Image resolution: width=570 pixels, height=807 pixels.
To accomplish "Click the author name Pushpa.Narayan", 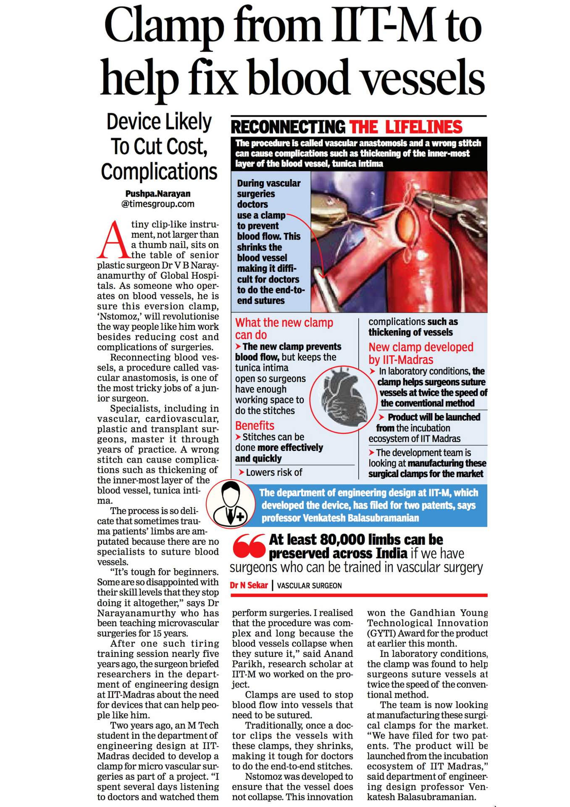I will click(x=158, y=194).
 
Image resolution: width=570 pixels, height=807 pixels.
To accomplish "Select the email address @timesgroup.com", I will click(x=158, y=204).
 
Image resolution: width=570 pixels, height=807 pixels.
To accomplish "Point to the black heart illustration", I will click(x=344, y=399).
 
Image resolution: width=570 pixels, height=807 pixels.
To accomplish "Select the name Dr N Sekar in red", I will click(x=249, y=585).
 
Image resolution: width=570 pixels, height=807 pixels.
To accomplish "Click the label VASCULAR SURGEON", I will click(x=310, y=586).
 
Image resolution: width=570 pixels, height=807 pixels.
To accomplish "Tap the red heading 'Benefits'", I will click(x=255, y=425).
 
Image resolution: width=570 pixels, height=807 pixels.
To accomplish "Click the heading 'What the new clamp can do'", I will click(x=284, y=329).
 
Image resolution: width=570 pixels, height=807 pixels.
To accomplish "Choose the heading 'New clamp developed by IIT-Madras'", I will click(x=420, y=353).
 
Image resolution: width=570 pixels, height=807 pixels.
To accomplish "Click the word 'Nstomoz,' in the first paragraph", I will click(x=119, y=316).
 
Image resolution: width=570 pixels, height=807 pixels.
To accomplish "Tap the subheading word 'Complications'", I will click(x=159, y=172).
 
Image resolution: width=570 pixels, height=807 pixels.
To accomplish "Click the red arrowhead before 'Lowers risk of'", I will click(x=241, y=472).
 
